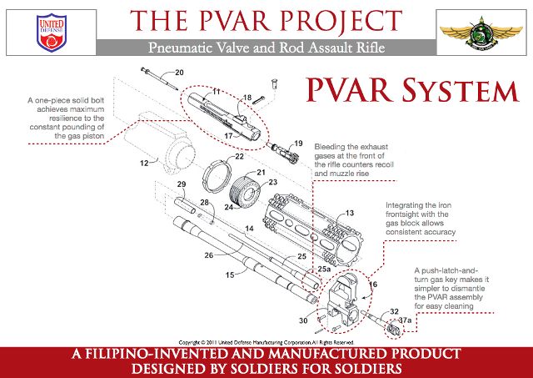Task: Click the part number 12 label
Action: pos(143,162)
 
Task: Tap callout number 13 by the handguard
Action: pos(350,214)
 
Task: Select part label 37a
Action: pos(406,320)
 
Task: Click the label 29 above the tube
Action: pos(181,184)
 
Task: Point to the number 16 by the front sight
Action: pos(372,285)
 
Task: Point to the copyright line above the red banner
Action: pos(266,342)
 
